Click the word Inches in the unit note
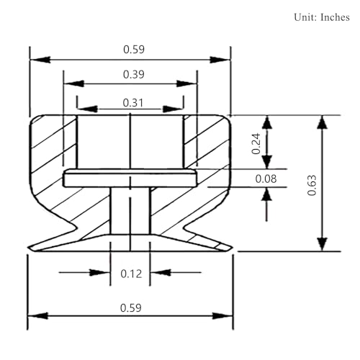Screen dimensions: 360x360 click(335, 17)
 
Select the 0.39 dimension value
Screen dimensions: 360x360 click(134, 74)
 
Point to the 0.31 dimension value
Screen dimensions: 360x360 click(133, 103)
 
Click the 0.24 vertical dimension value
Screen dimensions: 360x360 click(256, 143)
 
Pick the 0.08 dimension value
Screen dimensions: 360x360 click(266, 179)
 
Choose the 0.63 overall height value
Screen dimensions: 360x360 click(312, 185)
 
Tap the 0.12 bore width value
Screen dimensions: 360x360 click(131, 274)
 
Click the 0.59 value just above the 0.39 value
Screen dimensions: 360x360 click(134, 50)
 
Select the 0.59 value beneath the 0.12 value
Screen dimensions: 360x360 click(131, 308)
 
